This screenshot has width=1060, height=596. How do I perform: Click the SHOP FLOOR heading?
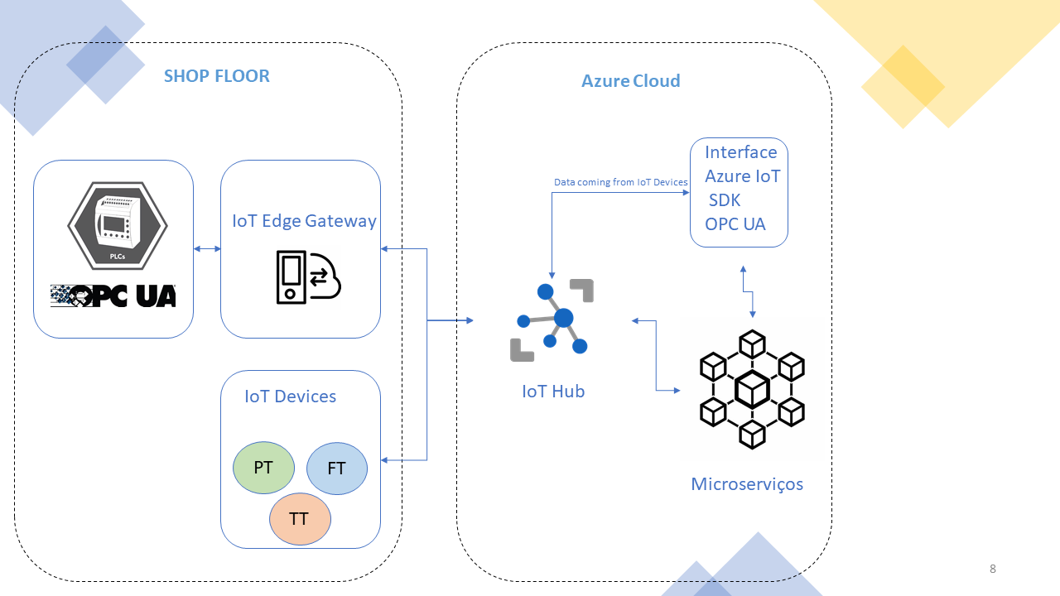click(x=216, y=76)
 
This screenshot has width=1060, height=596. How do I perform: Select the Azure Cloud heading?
click(x=630, y=81)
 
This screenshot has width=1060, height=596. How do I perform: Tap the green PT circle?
click(x=263, y=468)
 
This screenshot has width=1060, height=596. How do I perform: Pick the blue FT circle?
click(x=336, y=469)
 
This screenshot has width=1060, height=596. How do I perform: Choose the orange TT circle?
click(x=299, y=519)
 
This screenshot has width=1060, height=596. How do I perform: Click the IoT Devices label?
click(x=290, y=397)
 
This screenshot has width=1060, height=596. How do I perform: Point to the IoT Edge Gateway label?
click(x=304, y=221)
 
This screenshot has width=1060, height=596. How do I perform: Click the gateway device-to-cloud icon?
click(x=308, y=276)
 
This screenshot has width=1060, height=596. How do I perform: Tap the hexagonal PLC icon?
click(x=118, y=226)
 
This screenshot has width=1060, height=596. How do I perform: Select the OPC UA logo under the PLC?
click(x=113, y=296)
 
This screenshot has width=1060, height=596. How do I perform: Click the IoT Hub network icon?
click(x=552, y=320)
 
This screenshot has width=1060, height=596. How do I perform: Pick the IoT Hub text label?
click(x=552, y=392)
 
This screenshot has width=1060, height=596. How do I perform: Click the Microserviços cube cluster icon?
click(x=752, y=389)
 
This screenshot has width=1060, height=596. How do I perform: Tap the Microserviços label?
click(x=747, y=484)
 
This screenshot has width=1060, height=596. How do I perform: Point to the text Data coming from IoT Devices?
click(x=620, y=182)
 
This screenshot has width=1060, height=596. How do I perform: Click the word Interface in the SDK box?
click(x=740, y=152)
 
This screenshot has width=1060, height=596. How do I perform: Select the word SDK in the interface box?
click(x=725, y=200)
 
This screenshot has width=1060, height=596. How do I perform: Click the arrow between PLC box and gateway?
click(x=207, y=248)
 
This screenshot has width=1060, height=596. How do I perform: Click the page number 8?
click(x=992, y=569)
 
